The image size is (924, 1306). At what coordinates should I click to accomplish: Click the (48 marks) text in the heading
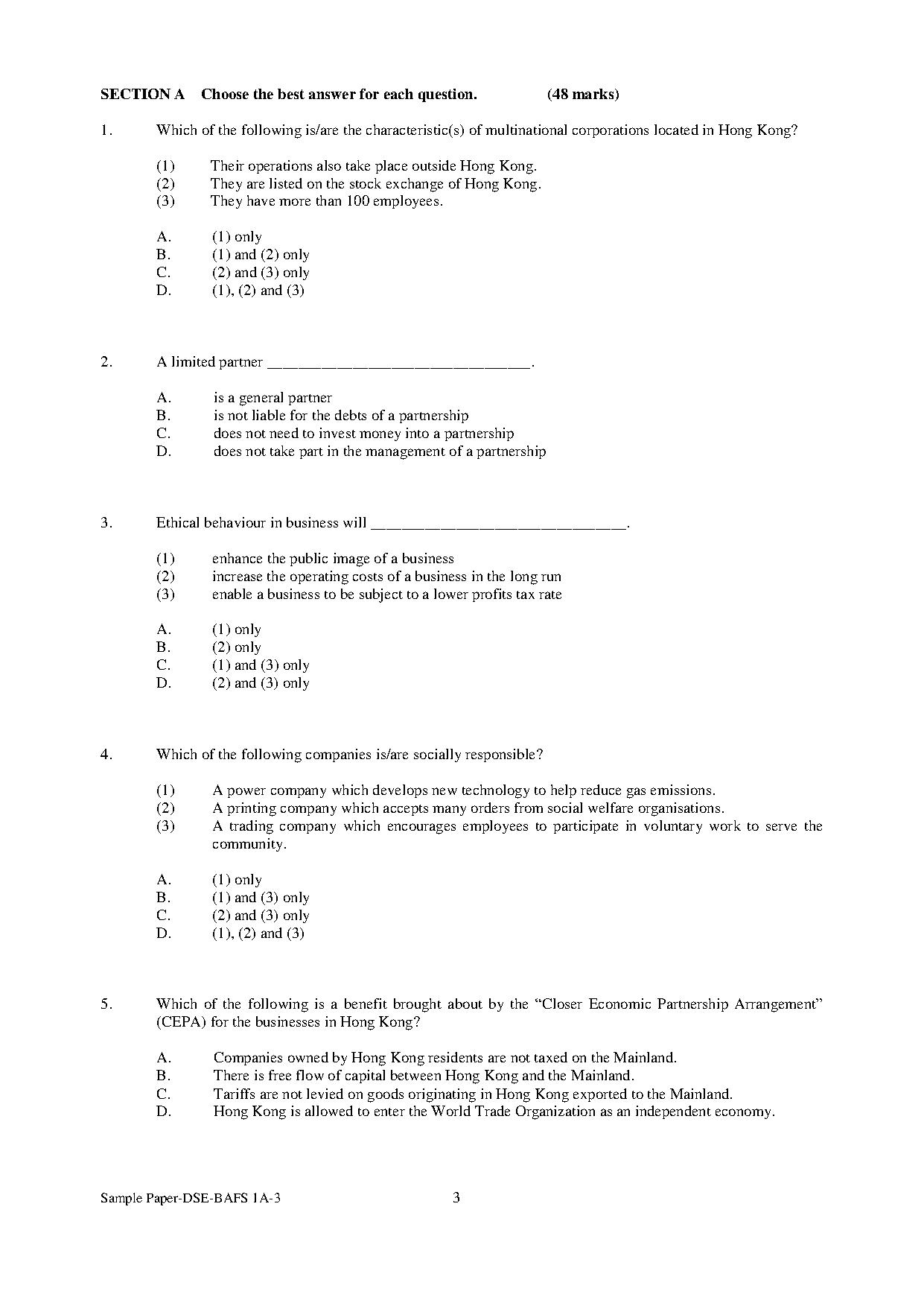click(583, 95)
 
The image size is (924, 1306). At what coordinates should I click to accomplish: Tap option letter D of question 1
click(164, 291)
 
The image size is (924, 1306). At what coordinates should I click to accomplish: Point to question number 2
click(106, 362)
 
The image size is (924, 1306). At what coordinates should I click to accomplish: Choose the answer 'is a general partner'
click(273, 398)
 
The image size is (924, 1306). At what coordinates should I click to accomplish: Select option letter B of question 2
click(164, 416)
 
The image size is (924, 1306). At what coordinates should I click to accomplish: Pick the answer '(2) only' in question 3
click(236, 647)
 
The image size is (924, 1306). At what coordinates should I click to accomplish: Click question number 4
click(106, 755)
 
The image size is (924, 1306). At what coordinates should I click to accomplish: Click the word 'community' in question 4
click(248, 845)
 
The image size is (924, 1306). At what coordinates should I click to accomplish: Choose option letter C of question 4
click(164, 916)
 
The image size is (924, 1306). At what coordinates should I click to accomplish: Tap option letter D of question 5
click(164, 1112)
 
